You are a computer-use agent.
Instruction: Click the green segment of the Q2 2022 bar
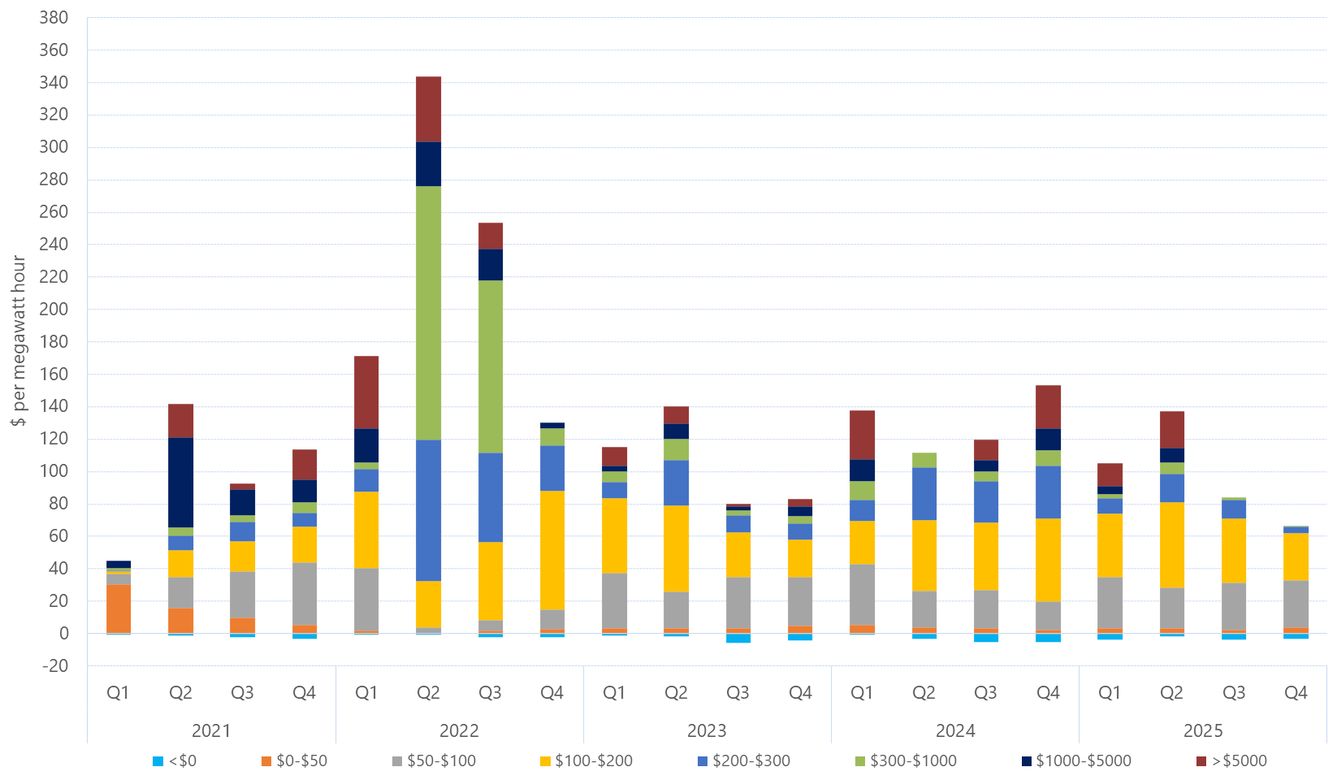tap(428, 313)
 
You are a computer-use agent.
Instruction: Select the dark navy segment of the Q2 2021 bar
tap(180, 482)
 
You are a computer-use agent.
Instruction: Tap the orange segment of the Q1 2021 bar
tap(119, 608)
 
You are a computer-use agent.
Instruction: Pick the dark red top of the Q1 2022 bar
tap(366, 392)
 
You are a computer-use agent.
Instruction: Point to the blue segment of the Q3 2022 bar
tap(490, 497)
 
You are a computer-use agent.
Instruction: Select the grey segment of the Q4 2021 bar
tap(305, 593)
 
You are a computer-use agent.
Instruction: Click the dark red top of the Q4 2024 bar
tap(1048, 406)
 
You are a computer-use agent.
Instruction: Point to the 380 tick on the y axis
tap(54, 17)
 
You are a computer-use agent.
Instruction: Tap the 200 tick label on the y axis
tap(54, 309)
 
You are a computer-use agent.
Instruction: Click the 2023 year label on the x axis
tap(707, 730)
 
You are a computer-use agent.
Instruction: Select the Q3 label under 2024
tap(985, 693)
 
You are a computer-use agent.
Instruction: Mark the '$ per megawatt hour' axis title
tap(19, 341)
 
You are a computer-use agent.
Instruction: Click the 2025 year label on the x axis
tap(1202, 730)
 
